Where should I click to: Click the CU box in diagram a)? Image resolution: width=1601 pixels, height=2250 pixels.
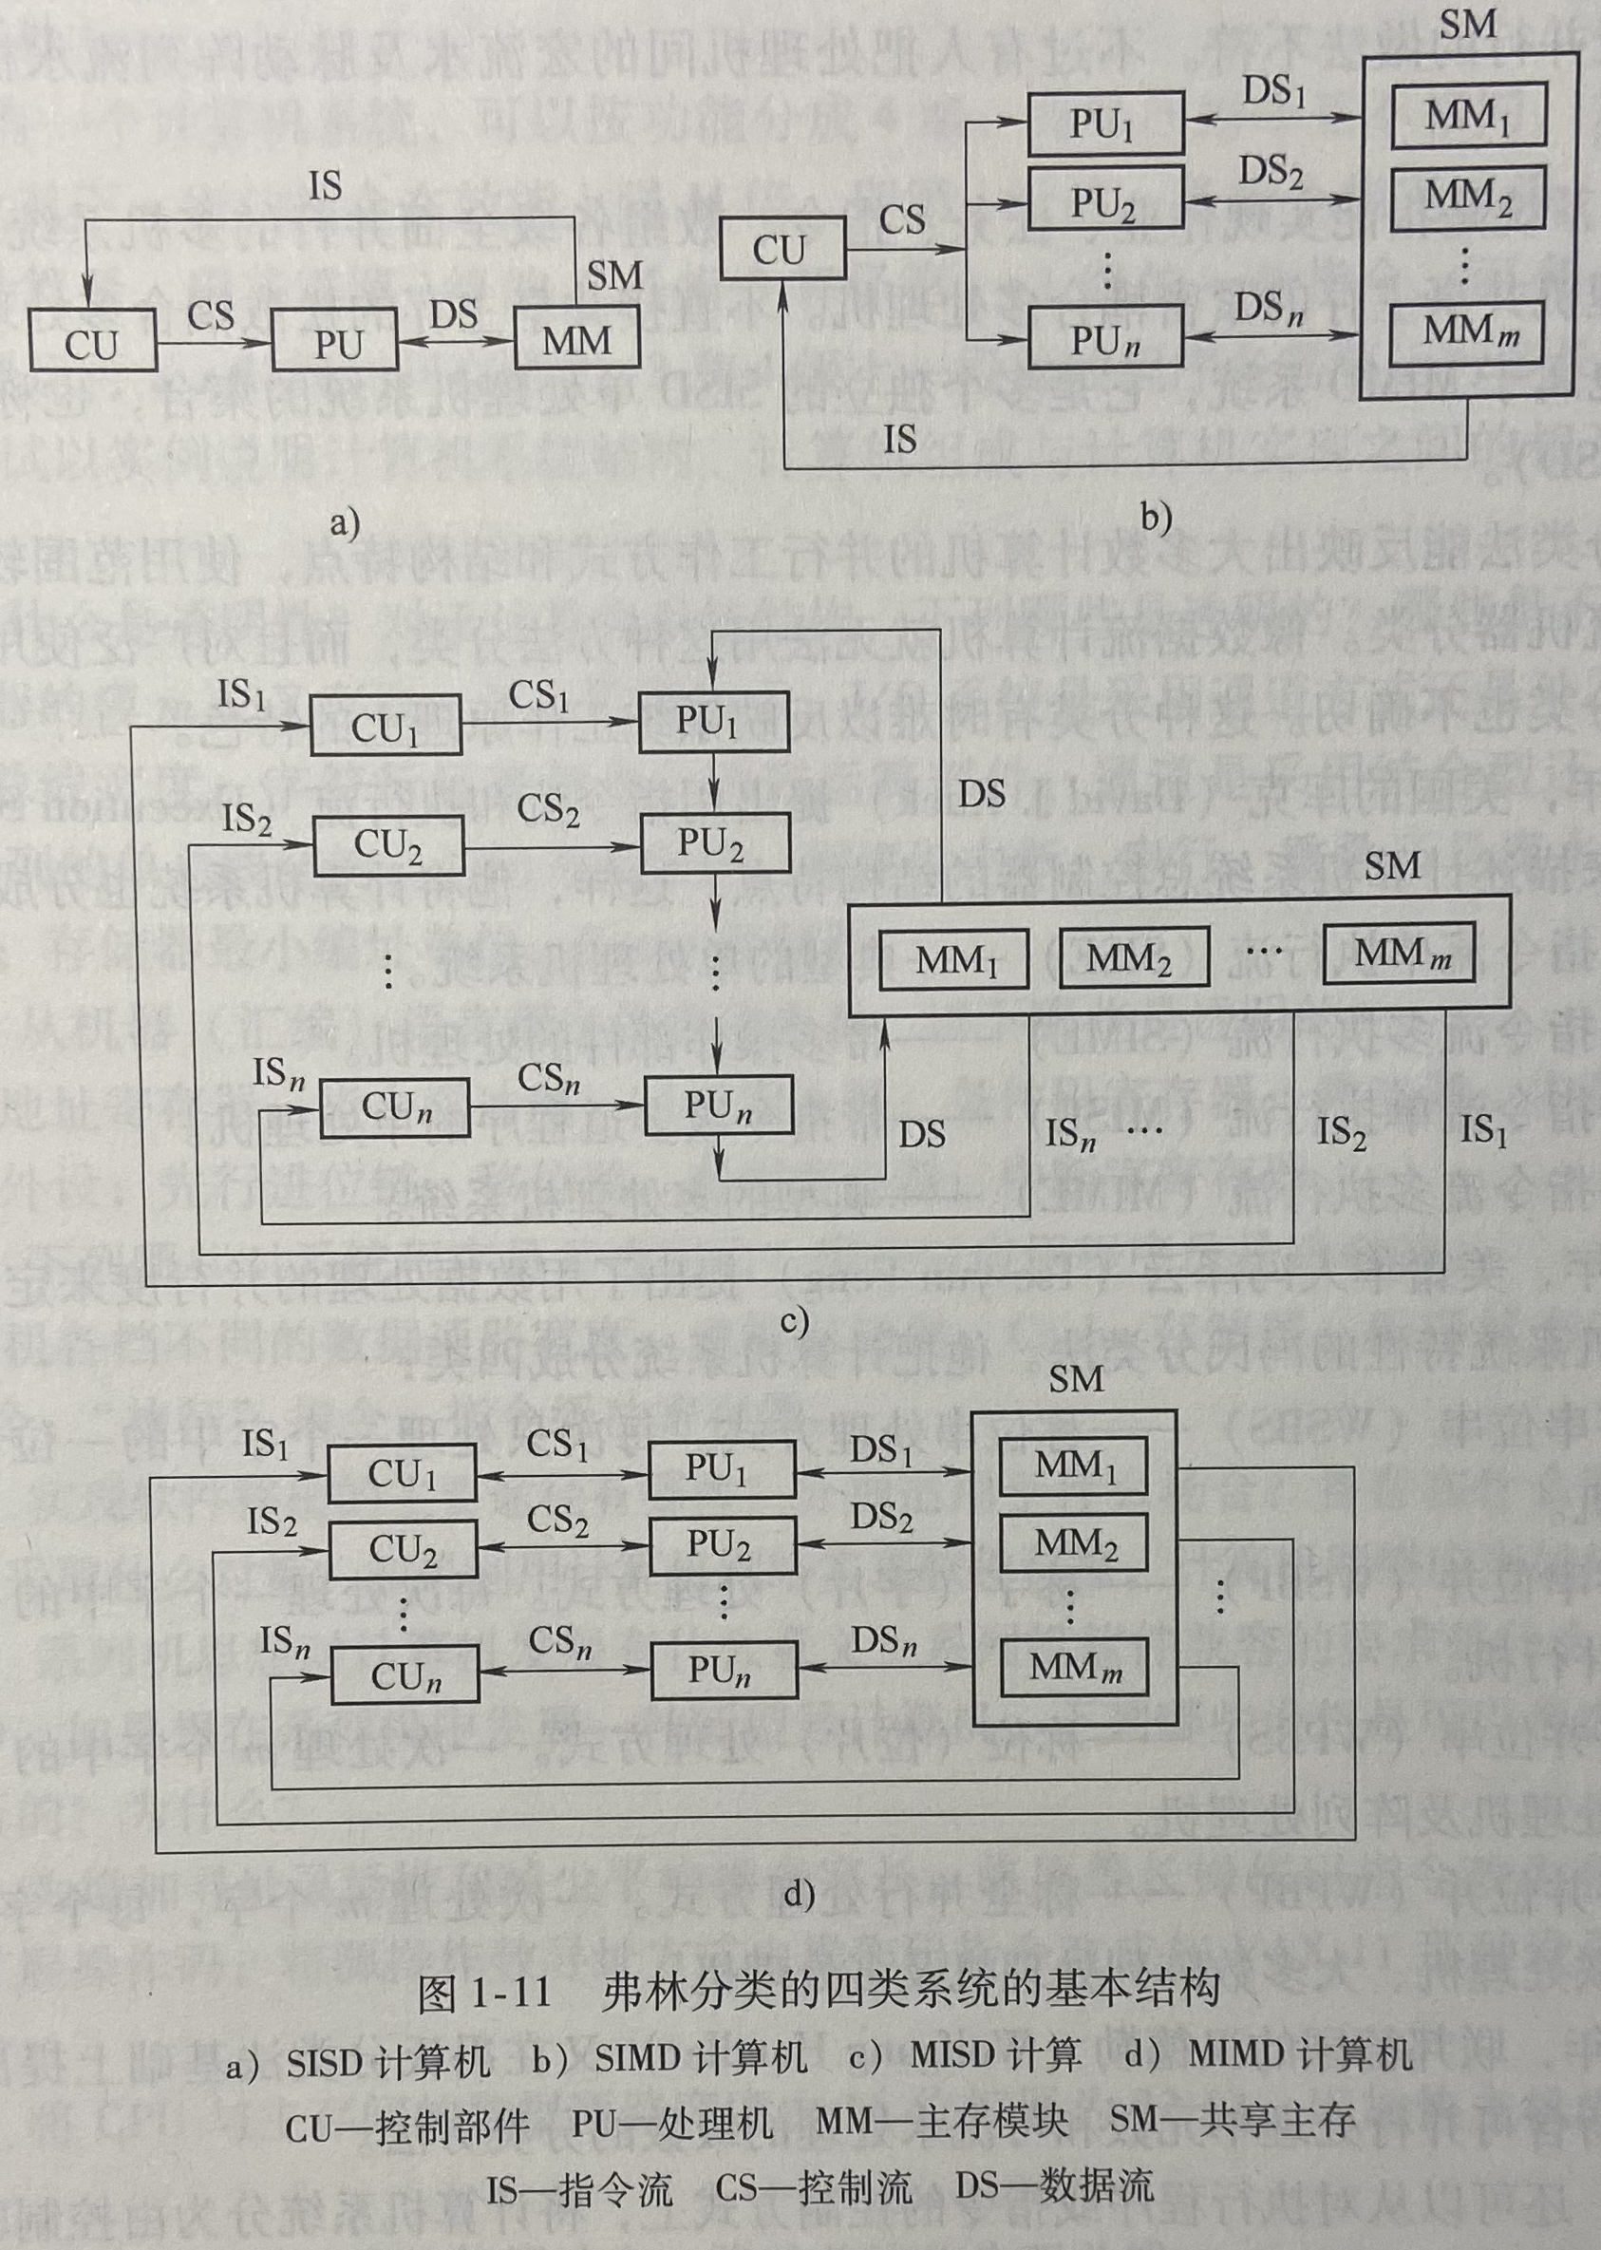pyautogui.click(x=92, y=340)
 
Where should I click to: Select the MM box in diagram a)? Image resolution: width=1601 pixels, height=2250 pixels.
pyautogui.click(x=576, y=340)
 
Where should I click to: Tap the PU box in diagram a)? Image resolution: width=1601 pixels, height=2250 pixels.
pyautogui.click(x=335, y=340)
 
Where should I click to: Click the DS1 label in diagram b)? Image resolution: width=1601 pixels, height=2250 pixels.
pyautogui.click(x=1272, y=92)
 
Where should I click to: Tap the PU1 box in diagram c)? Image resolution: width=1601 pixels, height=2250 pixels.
pyautogui.click(x=714, y=723)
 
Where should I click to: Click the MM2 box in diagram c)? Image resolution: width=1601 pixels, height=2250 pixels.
pyautogui.click(x=1133, y=957)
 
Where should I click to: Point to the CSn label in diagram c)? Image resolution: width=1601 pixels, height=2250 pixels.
pyautogui.click(x=548, y=1079)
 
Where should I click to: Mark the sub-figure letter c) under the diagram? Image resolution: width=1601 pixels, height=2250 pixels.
pyautogui.click(x=794, y=1321)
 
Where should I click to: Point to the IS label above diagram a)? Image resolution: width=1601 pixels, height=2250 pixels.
pyautogui.click(x=326, y=185)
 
